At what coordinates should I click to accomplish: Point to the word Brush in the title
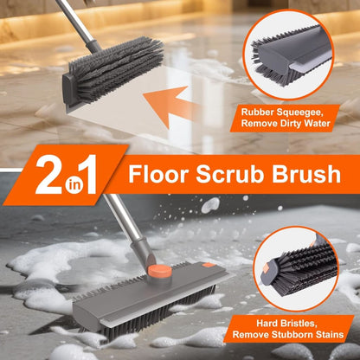coord(303,176)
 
